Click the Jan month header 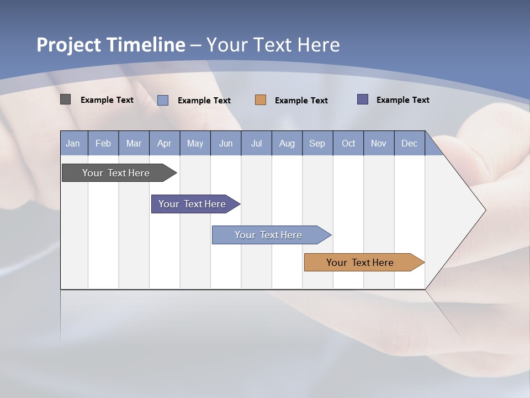point(73,143)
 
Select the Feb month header point(103,143)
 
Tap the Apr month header point(164,143)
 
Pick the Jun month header point(226,143)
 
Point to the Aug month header point(287,143)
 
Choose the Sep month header point(317,143)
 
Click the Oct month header point(348,143)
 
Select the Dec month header point(409,143)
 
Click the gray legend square point(66,99)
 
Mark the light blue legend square point(163,100)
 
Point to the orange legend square point(261,100)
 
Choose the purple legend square point(363,99)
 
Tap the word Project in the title point(69,45)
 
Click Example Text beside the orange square point(301,101)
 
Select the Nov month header point(379,143)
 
